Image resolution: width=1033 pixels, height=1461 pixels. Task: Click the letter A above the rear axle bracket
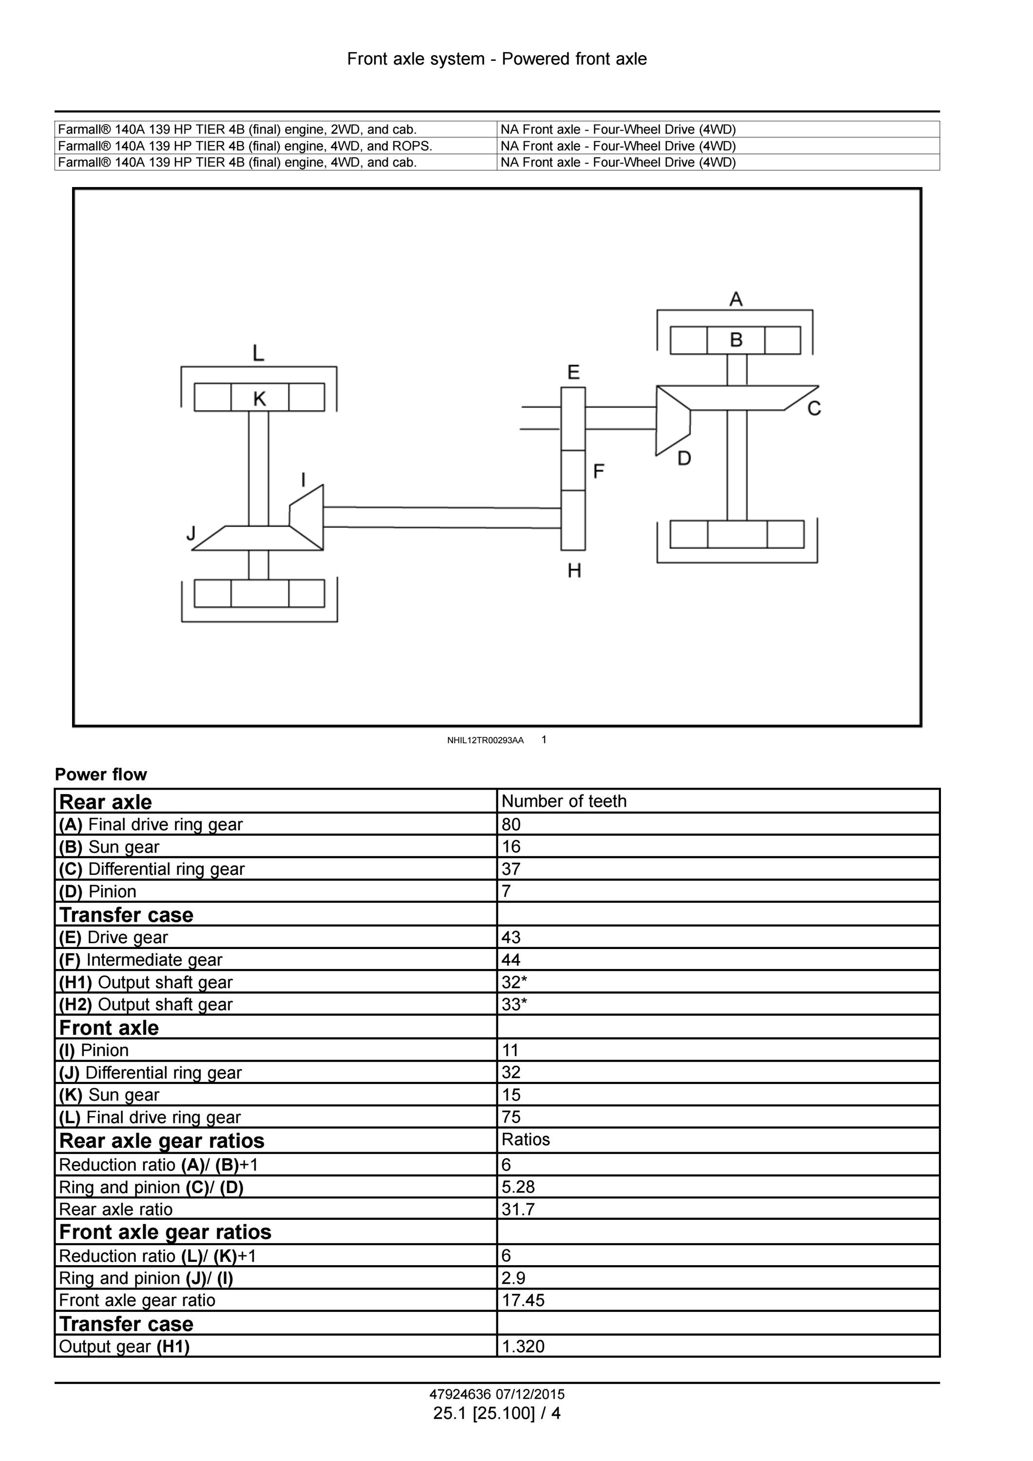click(x=736, y=299)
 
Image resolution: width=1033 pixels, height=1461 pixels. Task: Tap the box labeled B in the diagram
click(x=735, y=341)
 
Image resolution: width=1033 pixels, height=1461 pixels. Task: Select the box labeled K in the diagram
click(x=260, y=397)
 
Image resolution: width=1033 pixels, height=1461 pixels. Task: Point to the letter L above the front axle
click(x=258, y=353)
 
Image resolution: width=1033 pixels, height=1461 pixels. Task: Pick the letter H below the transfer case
click(x=574, y=571)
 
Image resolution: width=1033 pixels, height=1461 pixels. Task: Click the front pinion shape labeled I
click(x=307, y=517)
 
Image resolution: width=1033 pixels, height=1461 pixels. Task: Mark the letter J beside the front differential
click(x=191, y=533)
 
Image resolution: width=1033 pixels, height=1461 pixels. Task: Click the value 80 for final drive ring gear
click(x=511, y=825)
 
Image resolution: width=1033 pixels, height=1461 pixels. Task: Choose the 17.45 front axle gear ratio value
click(x=523, y=1300)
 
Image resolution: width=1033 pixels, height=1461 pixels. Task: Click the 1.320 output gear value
click(x=523, y=1346)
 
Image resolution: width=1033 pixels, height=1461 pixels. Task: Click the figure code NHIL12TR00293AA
click(x=486, y=740)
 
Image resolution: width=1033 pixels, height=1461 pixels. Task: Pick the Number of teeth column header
click(x=563, y=801)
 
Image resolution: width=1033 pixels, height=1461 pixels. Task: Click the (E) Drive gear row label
click(x=113, y=937)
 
